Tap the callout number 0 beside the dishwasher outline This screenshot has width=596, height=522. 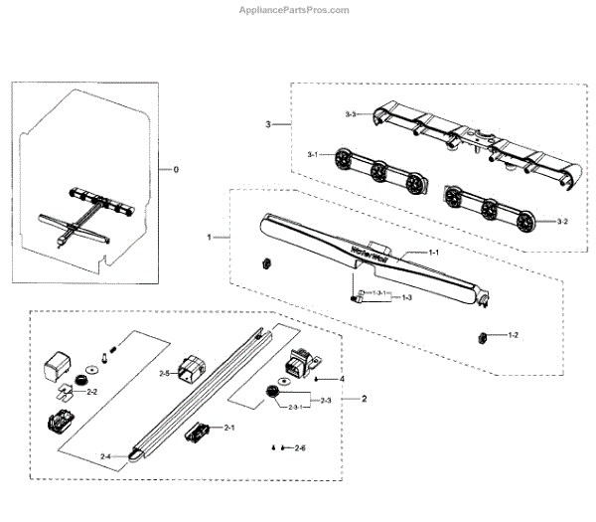[176, 170]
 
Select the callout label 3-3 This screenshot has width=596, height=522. [351, 115]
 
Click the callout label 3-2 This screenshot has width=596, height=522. [563, 219]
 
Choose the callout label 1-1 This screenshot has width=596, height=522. [433, 255]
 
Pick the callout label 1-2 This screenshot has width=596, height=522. [514, 336]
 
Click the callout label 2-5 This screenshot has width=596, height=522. [166, 373]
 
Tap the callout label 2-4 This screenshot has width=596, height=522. [106, 455]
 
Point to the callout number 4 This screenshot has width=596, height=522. [343, 379]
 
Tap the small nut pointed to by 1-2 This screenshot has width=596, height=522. [480, 335]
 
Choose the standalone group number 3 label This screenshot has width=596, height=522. [267, 124]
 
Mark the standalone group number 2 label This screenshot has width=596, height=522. [363, 399]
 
